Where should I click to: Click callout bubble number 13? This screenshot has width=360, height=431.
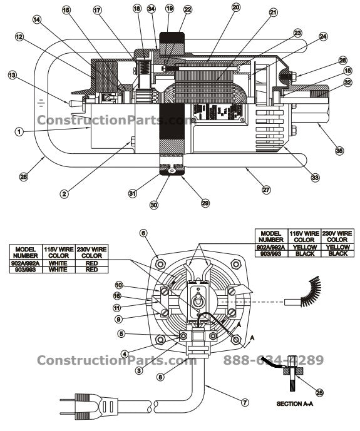coord(12,74)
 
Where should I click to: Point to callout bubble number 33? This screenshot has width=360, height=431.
coord(315,178)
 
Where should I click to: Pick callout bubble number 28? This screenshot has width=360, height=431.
coord(24,178)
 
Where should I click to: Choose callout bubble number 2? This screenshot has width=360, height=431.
coord(64,193)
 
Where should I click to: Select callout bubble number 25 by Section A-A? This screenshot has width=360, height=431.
coord(319,393)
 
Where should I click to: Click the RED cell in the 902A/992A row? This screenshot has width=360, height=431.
coord(91,263)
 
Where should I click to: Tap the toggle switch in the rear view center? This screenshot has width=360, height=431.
coord(197,300)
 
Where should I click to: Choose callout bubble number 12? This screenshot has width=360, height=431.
coord(19,38)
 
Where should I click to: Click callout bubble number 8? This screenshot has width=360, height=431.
coord(162,377)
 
